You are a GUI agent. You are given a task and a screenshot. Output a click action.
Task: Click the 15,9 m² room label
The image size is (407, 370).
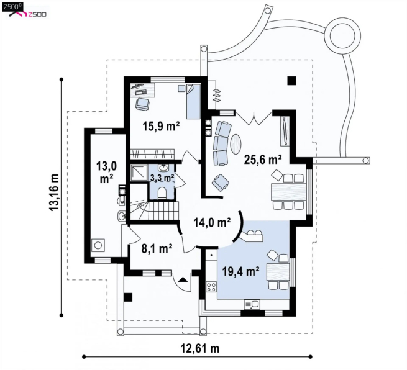click(161, 126)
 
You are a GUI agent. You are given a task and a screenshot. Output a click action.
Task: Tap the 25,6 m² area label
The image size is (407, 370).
click(263, 160)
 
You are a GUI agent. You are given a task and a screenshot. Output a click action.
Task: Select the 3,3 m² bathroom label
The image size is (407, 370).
click(162, 178)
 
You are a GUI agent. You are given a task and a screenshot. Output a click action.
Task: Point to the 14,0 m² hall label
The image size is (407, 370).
click(212, 222)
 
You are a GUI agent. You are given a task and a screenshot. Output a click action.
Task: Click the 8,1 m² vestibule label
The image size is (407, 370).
click(157, 249)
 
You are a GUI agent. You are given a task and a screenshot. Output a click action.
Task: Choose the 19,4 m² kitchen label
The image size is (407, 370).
click(240, 271)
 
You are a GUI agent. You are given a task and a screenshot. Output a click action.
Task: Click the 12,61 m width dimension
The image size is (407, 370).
click(200, 348)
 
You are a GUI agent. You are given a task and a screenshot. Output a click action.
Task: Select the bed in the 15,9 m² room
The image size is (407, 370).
click(193, 101)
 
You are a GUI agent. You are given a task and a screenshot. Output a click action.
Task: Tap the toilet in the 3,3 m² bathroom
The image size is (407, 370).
click(162, 193)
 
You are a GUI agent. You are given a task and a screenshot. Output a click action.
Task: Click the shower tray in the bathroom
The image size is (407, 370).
click(139, 173)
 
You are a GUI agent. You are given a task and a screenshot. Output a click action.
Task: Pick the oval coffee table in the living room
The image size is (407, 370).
click(236, 143)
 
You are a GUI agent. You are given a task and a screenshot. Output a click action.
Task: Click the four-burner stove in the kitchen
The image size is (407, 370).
click(211, 287)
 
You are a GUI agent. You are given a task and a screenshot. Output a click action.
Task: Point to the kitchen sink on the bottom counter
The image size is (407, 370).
click(252, 304)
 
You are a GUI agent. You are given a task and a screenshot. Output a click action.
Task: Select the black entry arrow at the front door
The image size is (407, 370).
click(183, 279)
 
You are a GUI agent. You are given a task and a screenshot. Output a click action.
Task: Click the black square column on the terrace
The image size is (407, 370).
click(292, 81)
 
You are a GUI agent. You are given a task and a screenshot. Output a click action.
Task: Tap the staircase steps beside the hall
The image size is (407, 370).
click(163, 210)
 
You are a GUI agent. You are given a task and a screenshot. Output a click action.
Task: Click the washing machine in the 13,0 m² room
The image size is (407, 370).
click(98, 245)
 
